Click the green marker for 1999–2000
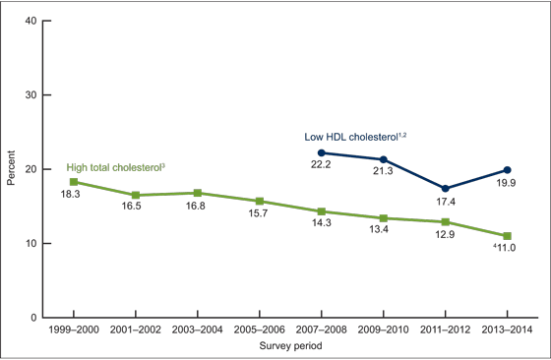[x=74, y=182]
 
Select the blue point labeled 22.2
[x=322, y=152]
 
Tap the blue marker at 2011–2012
[x=446, y=188]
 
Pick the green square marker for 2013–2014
[x=508, y=236]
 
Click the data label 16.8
[x=198, y=207]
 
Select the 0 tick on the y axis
[x=34, y=318]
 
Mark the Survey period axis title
[x=290, y=346]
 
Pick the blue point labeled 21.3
[x=384, y=159]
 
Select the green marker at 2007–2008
[x=322, y=211]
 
